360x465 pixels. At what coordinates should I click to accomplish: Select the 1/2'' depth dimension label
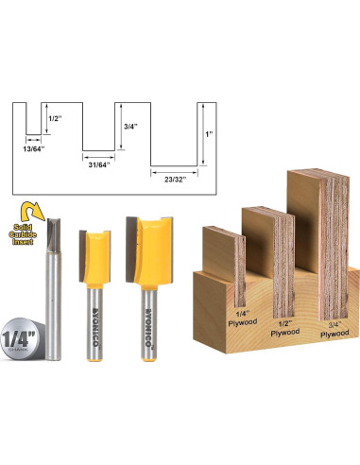[54, 119]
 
